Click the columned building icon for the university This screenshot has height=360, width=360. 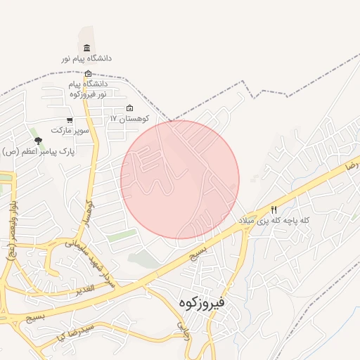click(86, 48)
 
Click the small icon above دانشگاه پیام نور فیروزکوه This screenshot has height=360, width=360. click(88, 74)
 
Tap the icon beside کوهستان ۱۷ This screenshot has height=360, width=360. click(129, 108)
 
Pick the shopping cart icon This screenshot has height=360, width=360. click(69, 120)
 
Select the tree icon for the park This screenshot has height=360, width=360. click(38, 141)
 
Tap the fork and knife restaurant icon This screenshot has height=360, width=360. click(274, 210)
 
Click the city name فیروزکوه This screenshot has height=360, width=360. click(201, 303)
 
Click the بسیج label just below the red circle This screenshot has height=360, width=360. click(199, 252)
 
